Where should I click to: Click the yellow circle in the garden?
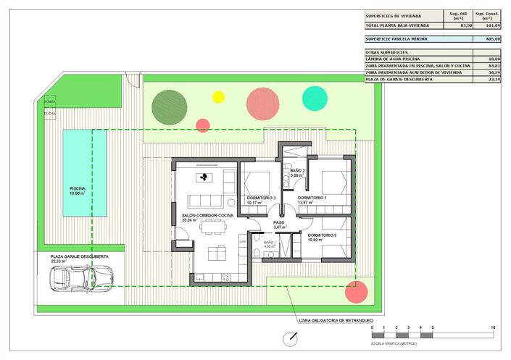(x=218, y=96)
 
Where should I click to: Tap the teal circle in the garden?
(x=315, y=98)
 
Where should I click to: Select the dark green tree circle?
(x=168, y=106)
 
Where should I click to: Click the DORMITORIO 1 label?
(x=312, y=198)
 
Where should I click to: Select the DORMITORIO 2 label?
(x=323, y=236)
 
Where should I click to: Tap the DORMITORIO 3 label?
(x=261, y=198)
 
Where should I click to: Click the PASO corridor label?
(x=279, y=223)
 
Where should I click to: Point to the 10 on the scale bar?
(x=492, y=328)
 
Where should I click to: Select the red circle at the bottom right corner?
(x=354, y=291)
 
